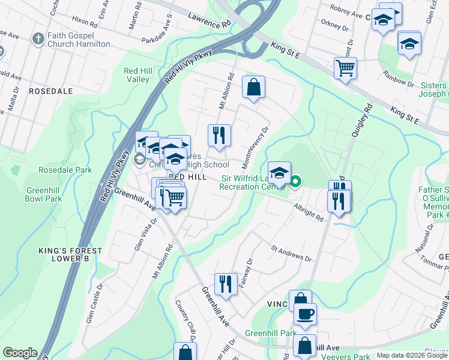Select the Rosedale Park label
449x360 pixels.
tap(65, 170)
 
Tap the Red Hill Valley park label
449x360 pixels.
tap(137, 75)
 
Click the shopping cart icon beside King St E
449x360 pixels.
tap(345, 68)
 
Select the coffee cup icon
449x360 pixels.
tap(305, 313)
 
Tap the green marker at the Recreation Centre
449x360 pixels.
tap(295, 180)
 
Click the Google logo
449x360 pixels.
tap(19, 353)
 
